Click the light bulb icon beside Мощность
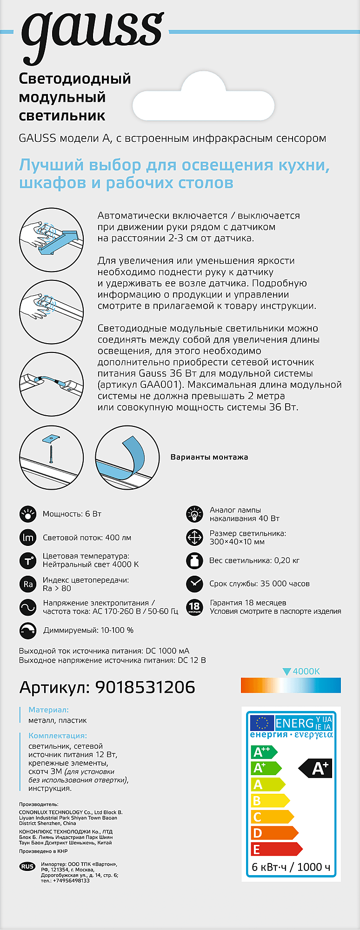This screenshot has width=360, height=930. pos(28,514)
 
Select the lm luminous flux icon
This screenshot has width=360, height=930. pos(28,538)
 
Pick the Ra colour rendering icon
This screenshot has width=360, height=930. pos(28,584)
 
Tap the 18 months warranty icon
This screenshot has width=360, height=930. pos(194,607)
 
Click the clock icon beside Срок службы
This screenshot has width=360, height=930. pos(194,584)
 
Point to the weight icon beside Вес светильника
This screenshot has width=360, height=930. pos(194,560)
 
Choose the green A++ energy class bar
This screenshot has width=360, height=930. pos(263,752)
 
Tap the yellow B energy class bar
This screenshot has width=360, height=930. pos(270,801)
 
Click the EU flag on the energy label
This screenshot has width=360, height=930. pos(262,723)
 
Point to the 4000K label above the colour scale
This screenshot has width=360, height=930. pos(306,671)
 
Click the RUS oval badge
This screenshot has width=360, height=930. pos(27,866)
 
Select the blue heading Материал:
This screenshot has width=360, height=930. pos(48,710)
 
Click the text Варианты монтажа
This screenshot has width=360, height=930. pos(209,457)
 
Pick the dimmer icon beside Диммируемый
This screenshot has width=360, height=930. pos(28,631)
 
